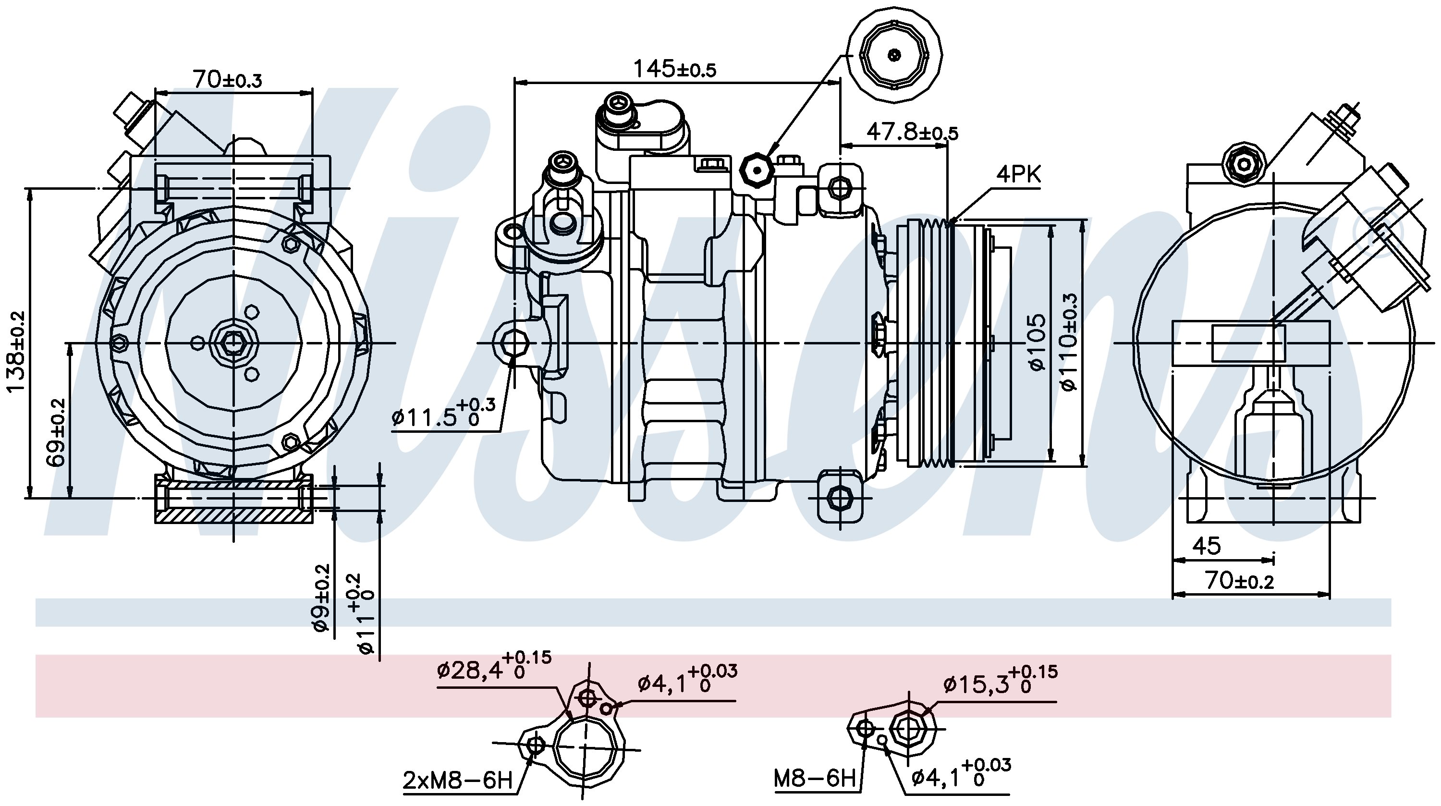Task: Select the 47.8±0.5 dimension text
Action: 912,133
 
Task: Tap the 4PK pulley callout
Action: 1018,175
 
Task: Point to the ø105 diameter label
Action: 1037,342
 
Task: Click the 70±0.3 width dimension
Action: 227,79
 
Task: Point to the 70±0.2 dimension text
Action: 1240,581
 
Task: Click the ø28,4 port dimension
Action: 494,666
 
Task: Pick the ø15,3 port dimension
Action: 1000,680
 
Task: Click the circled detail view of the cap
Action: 894,54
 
